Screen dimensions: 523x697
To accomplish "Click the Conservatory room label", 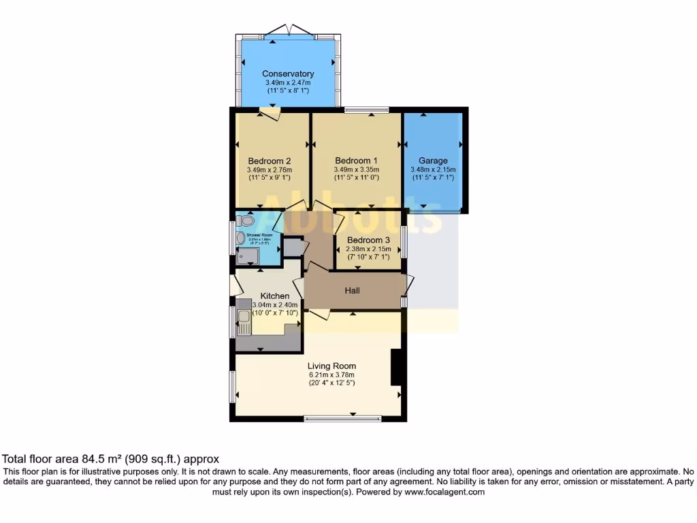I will click(288, 74).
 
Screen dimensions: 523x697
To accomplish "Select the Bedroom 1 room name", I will click(356, 161).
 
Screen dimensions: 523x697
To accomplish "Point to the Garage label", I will click(433, 161).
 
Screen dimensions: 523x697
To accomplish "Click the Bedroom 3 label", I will click(368, 240).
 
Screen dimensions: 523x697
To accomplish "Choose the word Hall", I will click(352, 291).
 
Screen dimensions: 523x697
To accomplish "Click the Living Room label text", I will click(332, 366).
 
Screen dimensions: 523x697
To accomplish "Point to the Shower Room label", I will click(259, 235).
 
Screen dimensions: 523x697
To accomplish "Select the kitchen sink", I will click(244, 320).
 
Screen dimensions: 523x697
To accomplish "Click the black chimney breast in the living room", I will click(395, 368).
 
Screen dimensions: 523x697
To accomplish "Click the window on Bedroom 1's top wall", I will click(366, 109).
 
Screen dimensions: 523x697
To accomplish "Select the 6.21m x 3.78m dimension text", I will click(332, 375).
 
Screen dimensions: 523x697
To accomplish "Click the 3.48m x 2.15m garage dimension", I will click(433, 170).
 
